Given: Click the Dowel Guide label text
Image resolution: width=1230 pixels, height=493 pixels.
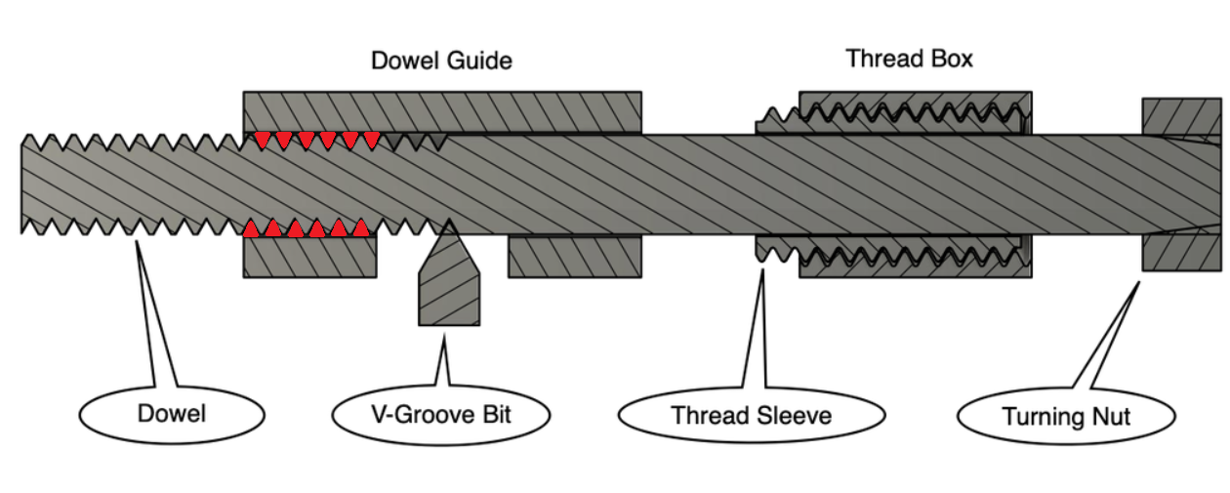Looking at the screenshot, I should point(441,61).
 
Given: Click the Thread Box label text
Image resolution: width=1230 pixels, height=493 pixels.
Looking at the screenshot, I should point(909,59).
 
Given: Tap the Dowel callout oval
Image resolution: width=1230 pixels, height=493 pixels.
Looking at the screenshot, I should point(171,414).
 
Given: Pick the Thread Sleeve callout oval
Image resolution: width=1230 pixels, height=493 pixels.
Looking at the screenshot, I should point(751,416).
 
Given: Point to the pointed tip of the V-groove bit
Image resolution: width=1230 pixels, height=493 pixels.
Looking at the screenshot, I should point(450,222).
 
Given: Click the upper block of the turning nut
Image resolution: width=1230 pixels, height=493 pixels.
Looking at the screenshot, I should point(1180,116).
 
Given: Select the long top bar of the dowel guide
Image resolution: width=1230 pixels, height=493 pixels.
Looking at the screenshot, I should point(441,111).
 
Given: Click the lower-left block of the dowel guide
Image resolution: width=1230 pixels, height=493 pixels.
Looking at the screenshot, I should point(308,257).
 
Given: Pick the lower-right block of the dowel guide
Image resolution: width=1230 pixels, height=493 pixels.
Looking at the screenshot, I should point(574,257).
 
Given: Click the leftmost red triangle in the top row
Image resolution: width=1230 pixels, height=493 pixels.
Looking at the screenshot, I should point(262,140).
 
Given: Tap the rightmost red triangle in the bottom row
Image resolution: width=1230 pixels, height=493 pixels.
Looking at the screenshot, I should point(360,228).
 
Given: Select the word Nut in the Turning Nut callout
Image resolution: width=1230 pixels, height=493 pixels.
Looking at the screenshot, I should point(1110,418).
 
